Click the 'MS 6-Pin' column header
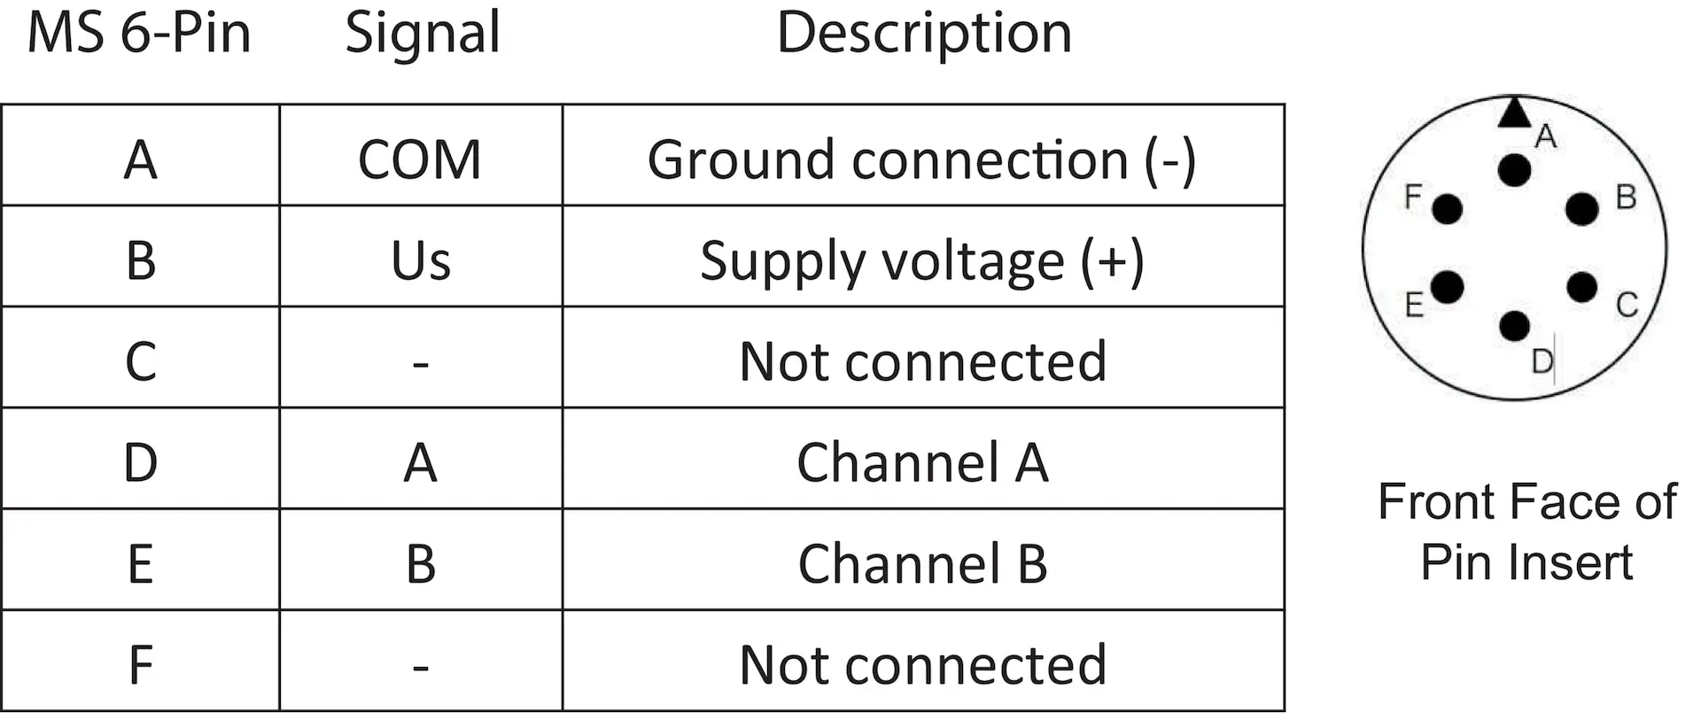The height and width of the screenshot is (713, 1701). point(139,33)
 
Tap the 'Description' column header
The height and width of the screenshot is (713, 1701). point(924,34)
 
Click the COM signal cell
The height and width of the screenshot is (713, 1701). point(420,159)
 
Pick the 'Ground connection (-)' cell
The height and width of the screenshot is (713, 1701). point(921,160)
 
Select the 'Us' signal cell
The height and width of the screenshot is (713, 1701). point(421,261)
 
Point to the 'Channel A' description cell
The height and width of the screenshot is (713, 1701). point(922,462)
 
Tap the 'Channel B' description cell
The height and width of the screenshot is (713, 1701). point(922,564)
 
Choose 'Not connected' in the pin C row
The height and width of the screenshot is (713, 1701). point(922,361)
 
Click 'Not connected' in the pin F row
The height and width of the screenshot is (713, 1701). point(922,665)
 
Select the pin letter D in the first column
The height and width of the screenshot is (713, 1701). point(140,463)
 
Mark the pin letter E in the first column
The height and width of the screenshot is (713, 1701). point(140,564)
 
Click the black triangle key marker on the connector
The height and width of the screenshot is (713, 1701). point(1514,112)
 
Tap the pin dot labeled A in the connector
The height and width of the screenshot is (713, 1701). point(1515,170)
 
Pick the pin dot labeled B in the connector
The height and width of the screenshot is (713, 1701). point(1582,209)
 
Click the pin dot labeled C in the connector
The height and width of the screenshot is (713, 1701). point(1582,287)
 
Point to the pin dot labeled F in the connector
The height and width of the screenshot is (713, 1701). point(1448,209)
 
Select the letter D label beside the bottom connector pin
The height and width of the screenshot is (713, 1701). point(1542,361)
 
